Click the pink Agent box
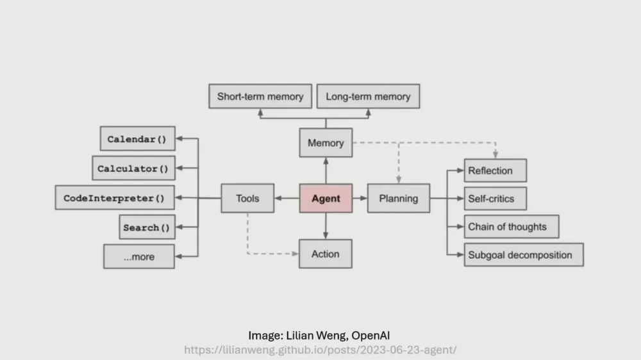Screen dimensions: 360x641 pos(326,199)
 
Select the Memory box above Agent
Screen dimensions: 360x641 pos(326,143)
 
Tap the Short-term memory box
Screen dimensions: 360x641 pos(260,97)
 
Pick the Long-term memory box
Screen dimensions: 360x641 pos(368,97)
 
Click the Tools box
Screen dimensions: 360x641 pos(247,199)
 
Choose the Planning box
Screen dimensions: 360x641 pos(398,199)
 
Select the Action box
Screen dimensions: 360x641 pos(326,254)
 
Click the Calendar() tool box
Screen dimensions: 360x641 pos(138,139)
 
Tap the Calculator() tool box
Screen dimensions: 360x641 pos(133,168)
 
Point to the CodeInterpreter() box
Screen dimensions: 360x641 pos(114,199)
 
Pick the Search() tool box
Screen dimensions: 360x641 pos(147,227)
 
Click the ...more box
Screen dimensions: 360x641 pos(139,257)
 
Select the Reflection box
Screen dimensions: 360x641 pos(495,170)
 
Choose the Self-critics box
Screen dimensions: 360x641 pos(495,199)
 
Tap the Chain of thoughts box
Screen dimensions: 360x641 pos(511,227)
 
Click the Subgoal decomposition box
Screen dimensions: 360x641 pos(523,255)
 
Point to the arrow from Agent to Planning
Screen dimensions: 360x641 pos(360,199)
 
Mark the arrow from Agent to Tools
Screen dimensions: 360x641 pos(287,199)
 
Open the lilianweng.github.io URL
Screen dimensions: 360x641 pos(320,350)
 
